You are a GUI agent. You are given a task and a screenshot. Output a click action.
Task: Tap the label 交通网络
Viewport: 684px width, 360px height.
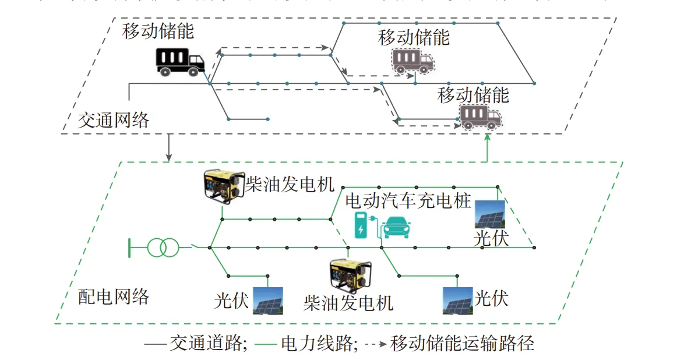tap(114, 120)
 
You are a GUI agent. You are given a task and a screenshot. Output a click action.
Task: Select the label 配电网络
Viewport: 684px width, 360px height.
tap(114, 297)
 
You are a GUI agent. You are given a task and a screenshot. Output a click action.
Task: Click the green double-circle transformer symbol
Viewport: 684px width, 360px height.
tap(162, 248)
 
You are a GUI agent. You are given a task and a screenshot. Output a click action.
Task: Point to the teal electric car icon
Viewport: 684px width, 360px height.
tap(396, 227)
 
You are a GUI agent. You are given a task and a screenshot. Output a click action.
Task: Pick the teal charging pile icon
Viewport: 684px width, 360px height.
tap(362, 225)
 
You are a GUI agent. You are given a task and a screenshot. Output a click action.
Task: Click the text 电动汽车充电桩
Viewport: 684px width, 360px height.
tap(408, 202)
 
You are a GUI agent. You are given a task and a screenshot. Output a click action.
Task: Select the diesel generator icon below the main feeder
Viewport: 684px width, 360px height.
tap(350, 276)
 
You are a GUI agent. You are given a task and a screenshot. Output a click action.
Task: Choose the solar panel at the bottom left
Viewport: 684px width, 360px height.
tap(268, 301)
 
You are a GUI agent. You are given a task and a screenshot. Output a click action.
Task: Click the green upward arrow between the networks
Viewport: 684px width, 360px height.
tap(488, 149)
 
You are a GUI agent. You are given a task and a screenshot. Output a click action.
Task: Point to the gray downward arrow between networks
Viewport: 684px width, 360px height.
tap(169, 148)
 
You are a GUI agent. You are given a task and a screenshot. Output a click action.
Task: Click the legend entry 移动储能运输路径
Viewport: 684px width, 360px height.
tap(449, 344)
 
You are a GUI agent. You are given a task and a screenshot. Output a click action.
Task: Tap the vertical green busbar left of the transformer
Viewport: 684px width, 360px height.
tap(129, 248)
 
